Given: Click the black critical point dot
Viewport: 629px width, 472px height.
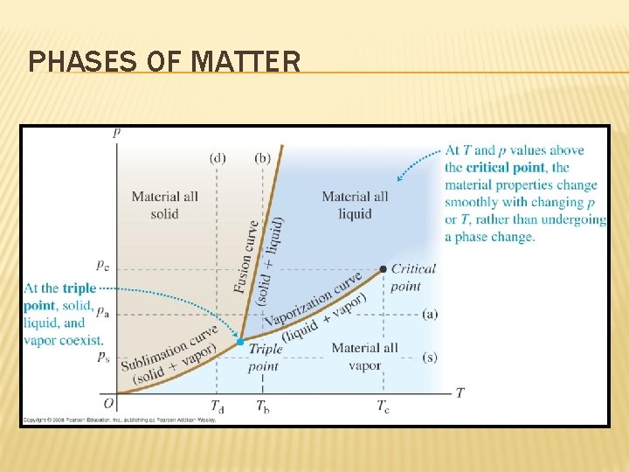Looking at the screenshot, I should coord(384,268).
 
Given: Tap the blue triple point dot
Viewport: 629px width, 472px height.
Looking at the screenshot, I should coord(240,342).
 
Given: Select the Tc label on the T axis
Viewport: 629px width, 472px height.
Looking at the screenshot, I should coord(384,406).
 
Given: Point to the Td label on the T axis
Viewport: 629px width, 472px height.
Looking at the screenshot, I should coord(218,406).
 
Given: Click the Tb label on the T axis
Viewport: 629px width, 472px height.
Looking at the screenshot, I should coord(263,406).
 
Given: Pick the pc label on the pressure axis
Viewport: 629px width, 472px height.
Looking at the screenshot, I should coord(103,263).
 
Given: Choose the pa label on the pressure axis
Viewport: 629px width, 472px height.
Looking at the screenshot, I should coord(103,311).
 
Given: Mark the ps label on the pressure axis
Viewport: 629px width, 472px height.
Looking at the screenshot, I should coord(103,356).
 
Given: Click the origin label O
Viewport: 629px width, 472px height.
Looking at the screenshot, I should coord(108,403).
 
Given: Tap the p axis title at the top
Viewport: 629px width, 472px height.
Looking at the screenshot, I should coord(116,133).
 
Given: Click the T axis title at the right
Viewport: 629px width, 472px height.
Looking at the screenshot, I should coord(460,393).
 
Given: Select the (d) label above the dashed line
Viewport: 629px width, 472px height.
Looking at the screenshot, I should coord(218,158).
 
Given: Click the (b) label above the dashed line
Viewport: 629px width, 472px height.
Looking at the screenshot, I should coord(263,158).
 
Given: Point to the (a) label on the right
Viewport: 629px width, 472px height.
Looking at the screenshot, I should coord(429,313).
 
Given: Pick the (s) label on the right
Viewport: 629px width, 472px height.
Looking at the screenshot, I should coord(429,357).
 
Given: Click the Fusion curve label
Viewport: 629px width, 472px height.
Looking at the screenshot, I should coord(248,254).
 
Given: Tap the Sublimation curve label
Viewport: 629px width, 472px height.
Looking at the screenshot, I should coord(171,346).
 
